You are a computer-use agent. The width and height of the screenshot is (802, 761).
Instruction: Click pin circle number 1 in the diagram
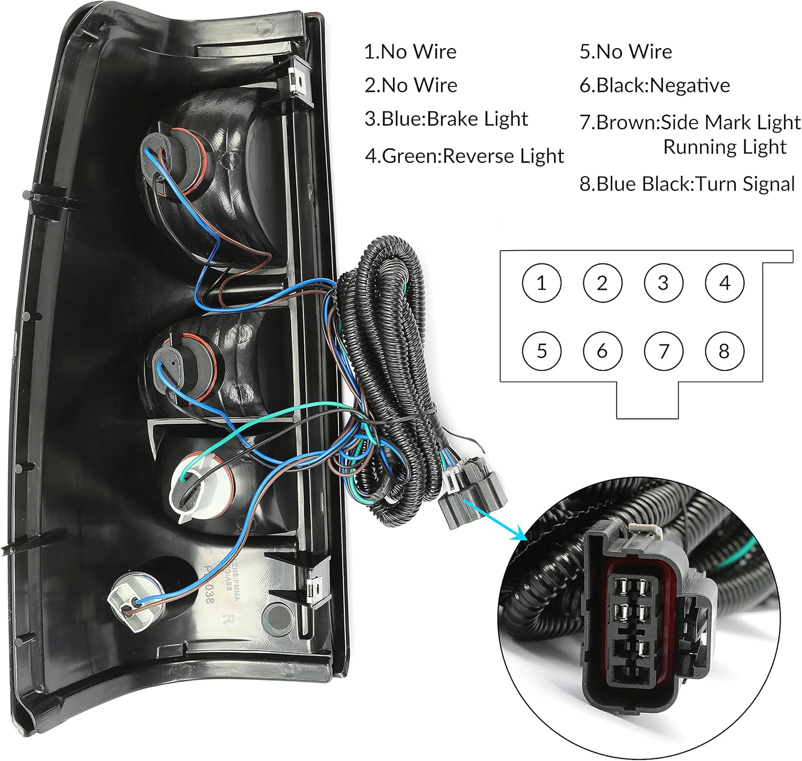tap(541, 283)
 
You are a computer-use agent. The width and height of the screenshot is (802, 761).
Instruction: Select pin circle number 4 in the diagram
tap(724, 283)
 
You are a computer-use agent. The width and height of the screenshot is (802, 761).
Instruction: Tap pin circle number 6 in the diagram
tap(602, 351)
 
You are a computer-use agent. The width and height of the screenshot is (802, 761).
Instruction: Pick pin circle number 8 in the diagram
tap(724, 351)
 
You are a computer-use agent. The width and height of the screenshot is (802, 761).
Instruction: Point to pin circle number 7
tap(664, 351)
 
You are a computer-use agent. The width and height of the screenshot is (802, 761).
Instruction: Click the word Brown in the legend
tap(627, 122)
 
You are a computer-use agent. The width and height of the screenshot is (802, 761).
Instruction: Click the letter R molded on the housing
tap(228, 620)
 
